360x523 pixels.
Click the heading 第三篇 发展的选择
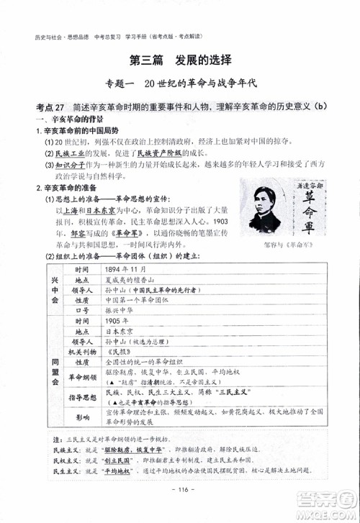click(180, 59)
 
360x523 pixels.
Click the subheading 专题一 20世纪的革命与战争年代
click(180, 83)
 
